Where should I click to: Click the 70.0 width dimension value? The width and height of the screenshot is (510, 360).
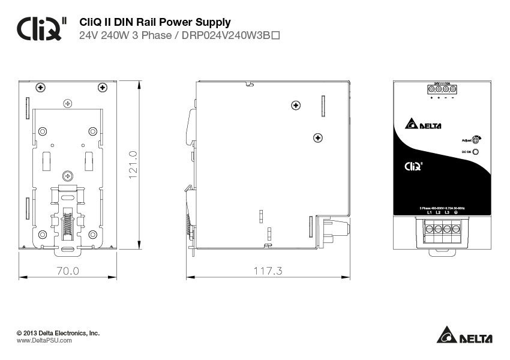click(x=68, y=271)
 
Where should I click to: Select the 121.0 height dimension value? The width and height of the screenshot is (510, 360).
click(x=133, y=163)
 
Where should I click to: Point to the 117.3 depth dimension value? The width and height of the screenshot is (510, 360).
click(x=268, y=271)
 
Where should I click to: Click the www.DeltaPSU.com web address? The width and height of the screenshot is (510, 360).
click(x=44, y=340)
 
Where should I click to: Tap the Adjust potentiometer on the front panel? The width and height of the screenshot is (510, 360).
click(x=476, y=140)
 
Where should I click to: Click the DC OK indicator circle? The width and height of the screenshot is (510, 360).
click(x=476, y=152)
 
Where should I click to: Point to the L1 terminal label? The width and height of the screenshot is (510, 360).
click(x=430, y=212)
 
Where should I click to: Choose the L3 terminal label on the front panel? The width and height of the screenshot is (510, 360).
click(x=447, y=212)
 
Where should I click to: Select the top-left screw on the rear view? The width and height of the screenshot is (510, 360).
click(x=41, y=88)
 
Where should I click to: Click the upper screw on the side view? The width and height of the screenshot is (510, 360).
click(x=295, y=106)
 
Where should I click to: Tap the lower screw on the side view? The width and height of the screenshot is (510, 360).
click(x=318, y=138)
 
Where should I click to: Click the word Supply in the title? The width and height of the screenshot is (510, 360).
click(x=209, y=23)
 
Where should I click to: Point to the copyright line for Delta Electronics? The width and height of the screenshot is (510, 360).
click(x=58, y=332)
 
